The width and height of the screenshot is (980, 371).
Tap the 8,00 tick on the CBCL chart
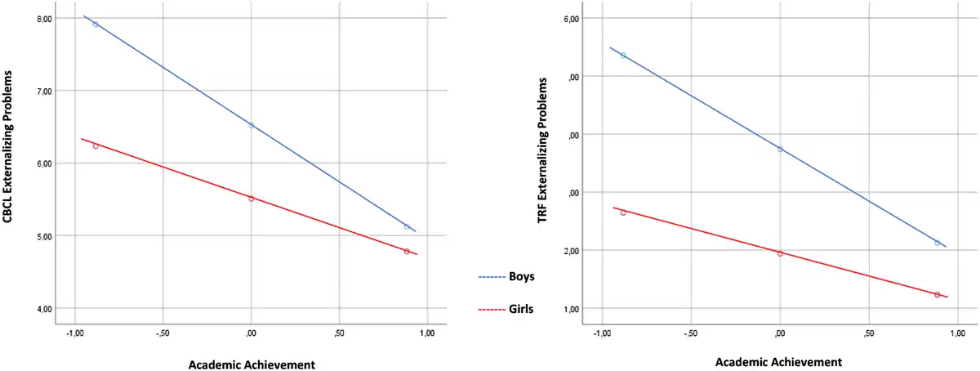pos(41,18)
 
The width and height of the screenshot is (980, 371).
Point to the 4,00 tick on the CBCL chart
pos(41,308)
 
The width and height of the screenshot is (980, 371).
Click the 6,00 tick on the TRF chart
pos(567,19)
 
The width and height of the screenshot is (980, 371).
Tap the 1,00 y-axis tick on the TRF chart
pos(567,308)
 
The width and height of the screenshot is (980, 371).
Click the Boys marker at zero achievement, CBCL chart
pos(252,125)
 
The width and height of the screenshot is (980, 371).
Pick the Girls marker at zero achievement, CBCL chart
pos(252,199)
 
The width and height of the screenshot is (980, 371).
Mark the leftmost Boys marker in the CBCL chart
pos(96,25)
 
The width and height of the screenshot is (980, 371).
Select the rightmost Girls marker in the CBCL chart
pos(407,252)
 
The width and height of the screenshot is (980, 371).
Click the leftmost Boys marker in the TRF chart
pos(623,56)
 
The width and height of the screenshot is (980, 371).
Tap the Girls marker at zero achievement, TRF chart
pos(780,253)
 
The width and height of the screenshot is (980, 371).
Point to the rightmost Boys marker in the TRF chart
pos(937,243)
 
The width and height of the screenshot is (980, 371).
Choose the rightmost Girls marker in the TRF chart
pos(937,294)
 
